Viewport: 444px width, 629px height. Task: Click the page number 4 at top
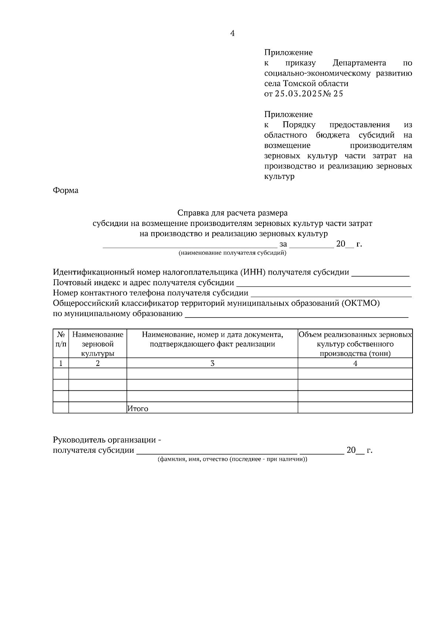click(232, 33)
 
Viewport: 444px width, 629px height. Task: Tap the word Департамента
click(359, 63)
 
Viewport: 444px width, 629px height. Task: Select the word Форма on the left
click(66, 190)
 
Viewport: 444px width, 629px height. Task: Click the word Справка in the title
click(193, 213)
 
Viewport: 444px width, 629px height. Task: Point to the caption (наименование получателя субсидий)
click(232, 253)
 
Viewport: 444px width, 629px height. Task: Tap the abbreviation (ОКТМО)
click(360, 303)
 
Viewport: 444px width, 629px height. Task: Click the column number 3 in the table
click(212, 363)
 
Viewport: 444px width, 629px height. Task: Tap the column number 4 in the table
click(355, 363)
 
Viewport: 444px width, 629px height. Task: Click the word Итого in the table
click(138, 409)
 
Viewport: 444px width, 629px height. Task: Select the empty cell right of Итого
click(355, 408)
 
